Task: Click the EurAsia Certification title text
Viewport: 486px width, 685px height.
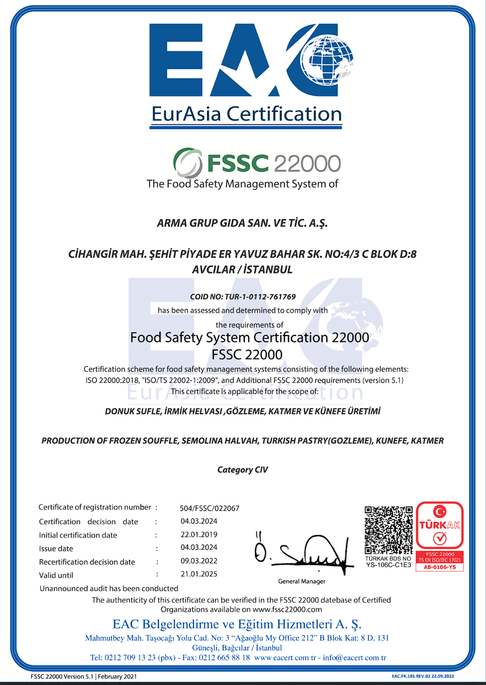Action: click(x=246, y=114)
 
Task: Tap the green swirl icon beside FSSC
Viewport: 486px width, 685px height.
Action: click(x=187, y=162)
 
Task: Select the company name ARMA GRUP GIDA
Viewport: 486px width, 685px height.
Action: click(x=242, y=223)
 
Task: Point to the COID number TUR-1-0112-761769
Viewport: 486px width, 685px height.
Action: click(x=243, y=297)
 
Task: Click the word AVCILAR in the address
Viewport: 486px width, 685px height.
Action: click(x=213, y=269)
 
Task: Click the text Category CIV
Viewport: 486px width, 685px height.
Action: click(x=242, y=469)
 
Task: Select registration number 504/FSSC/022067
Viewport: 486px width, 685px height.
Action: click(x=209, y=508)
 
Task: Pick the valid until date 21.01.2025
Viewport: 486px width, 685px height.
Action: click(x=199, y=574)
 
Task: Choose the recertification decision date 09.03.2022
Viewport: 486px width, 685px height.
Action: click(x=199, y=561)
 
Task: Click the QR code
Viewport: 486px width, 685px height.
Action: click(x=388, y=530)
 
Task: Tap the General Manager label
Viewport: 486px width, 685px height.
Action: click(x=302, y=581)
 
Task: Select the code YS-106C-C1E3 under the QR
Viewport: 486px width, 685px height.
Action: click(x=388, y=565)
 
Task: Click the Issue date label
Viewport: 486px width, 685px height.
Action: click(x=56, y=548)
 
